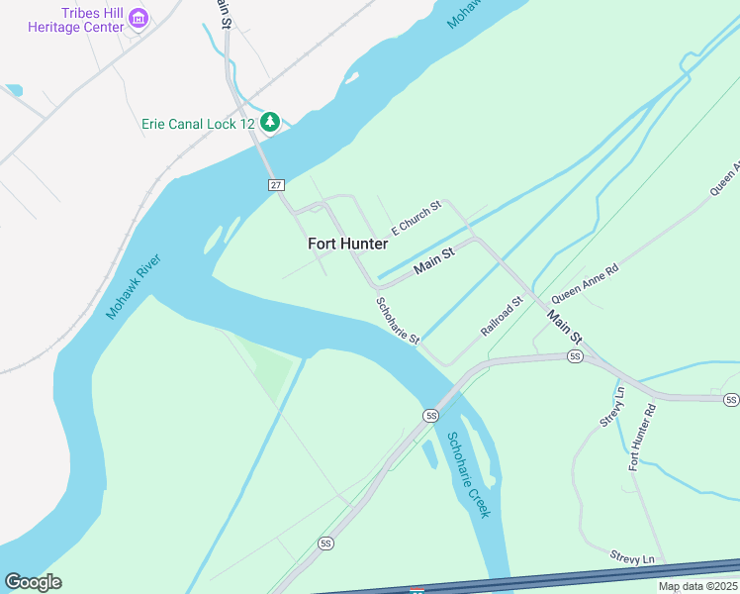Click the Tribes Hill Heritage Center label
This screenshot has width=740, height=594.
[x=78, y=20]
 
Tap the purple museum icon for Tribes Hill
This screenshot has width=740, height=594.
[x=139, y=18]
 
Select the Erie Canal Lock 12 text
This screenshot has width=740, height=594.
[x=197, y=123]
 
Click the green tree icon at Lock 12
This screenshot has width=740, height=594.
[x=270, y=122]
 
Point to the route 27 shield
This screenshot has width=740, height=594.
[x=276, y=185]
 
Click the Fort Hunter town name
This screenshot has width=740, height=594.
[x=347, y=243]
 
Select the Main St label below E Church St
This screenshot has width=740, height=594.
[x=433, y=261]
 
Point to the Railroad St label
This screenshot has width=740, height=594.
[x=502, y=317]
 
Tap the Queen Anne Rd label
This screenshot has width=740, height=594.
[x=585, y=281]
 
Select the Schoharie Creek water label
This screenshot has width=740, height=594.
[x=468, y=475]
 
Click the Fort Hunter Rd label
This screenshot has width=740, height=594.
[x=642, y=436]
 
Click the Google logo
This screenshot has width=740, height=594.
[x=33, y=581]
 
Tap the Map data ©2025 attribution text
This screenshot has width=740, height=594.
[x=697, y=586]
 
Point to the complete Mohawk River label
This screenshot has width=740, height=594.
[x=134, y=287]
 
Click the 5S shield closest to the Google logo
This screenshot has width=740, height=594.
[x=326, y=544]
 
